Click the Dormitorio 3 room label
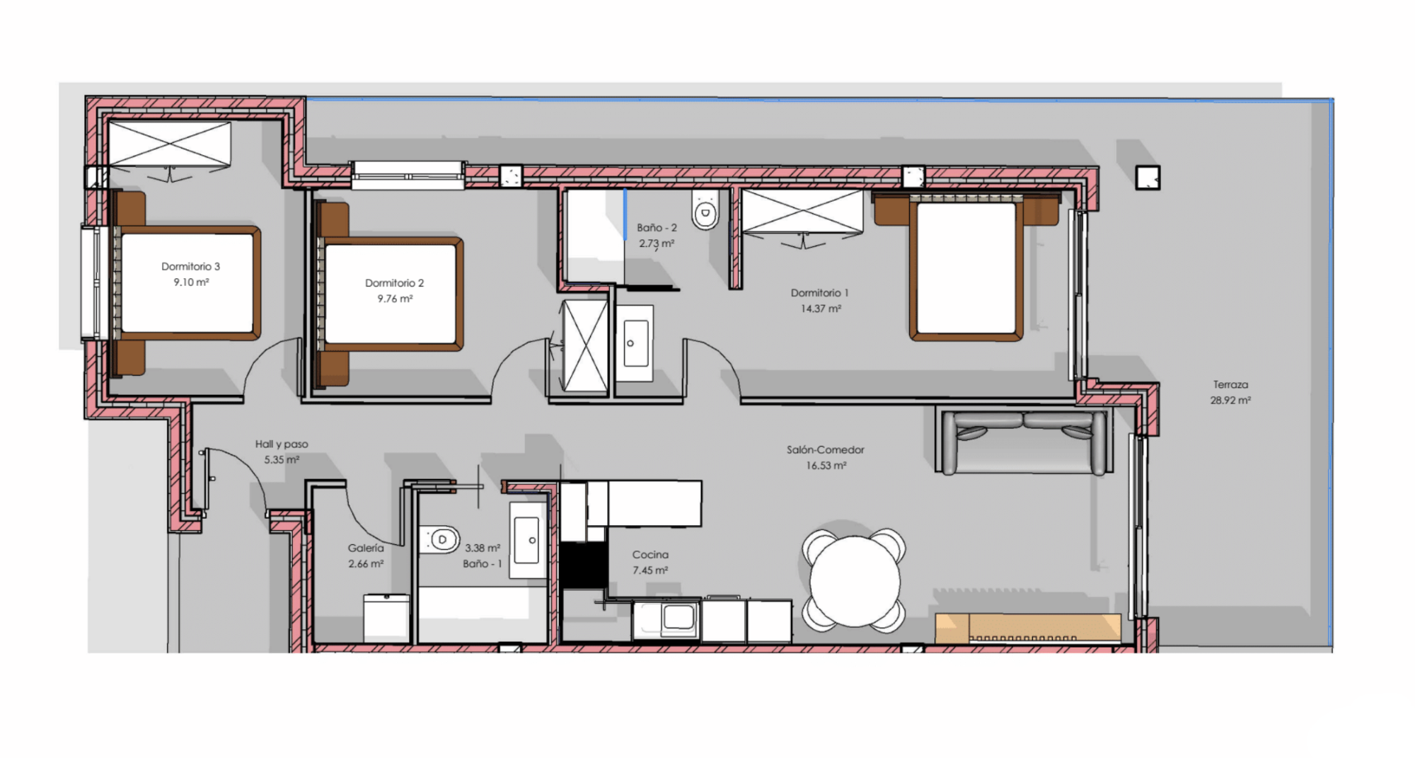tap(190, 267)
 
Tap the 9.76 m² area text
tap(395, 299)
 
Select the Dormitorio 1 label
tap(819, 293)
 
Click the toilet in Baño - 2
tap(705, 209)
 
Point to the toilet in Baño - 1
tap(439, 540)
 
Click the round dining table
tap(854, 581)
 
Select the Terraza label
tap(1230, 385)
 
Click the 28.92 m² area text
tap(1230, 401)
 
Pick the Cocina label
tap(650, 555)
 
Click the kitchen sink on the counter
tap(678, 617)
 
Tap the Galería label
tap(366, 548)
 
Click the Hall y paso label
tap(282, 444)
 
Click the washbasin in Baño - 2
tap(635, 343)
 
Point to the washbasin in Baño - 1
tap(527, 540)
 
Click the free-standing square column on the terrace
tap(1148, 178)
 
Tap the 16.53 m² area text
tap(826, 466)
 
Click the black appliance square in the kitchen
tap(584, 565)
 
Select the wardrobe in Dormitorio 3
tap(170, 145)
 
